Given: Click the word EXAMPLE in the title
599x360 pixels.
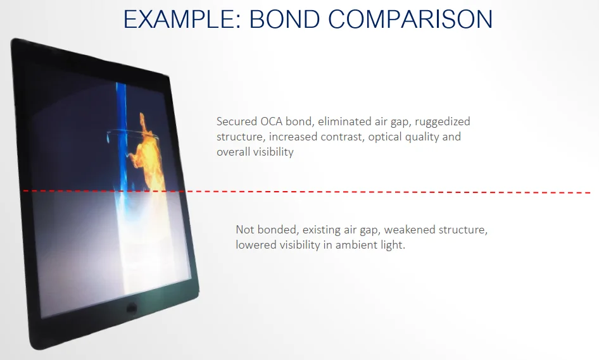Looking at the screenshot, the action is (182, 19).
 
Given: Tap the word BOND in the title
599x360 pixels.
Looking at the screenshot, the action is (285, 19).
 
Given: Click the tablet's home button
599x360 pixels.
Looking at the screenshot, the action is (132, 307).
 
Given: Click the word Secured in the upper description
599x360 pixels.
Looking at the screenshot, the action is (237, 121).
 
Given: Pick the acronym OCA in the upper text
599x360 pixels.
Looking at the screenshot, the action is (272, 121).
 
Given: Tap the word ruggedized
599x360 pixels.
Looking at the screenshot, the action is (443, 122).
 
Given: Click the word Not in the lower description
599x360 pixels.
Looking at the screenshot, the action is (244, 230).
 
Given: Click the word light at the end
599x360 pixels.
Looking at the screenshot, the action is (393, 245).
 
